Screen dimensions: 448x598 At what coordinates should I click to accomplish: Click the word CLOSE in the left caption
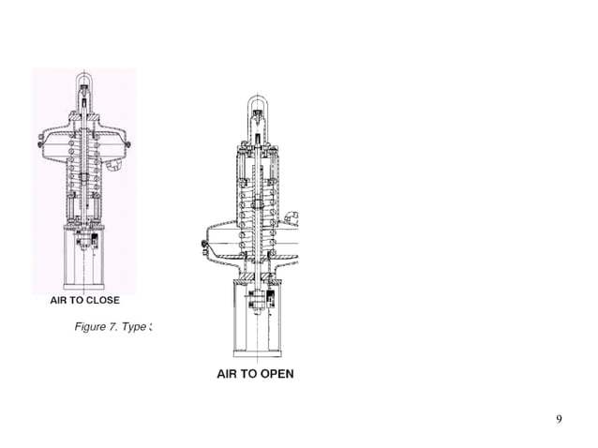pyautogui.click(x=101, y=301)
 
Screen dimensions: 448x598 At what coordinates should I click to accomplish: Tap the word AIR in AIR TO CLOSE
pyautogui.click(x=60, y=301)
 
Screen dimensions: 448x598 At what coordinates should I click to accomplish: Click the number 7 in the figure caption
pyautogui.click(x=122, y=327)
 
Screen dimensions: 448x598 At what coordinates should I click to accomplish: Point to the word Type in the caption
pyautogui.click(x=140, y=327)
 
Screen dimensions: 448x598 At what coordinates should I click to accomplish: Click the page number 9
pyautogui.click(x=560, y=419)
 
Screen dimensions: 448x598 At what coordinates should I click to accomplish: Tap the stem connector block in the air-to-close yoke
pyautogui.click(x=86, y=241)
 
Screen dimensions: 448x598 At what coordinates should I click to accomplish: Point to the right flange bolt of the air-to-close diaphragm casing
pyautogui.click(x=127, y=144)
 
